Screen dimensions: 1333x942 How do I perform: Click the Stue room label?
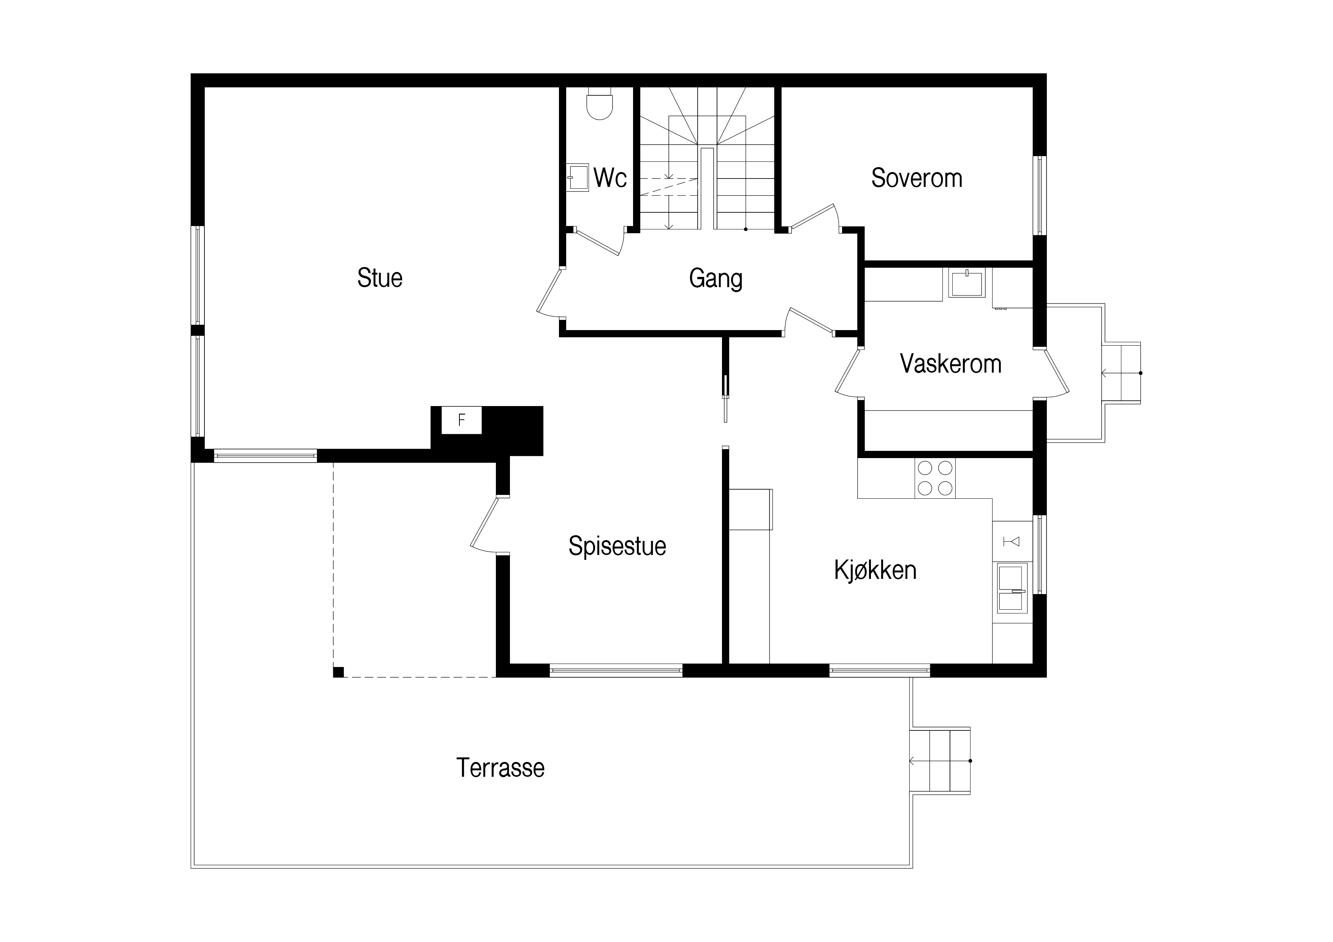pos(380,278)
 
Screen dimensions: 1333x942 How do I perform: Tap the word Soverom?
pos(917,178)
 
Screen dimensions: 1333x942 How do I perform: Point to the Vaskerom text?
pos(950,364)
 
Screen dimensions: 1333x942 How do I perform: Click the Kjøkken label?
pos(875,571)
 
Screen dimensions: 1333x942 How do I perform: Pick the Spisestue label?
pos(617,546)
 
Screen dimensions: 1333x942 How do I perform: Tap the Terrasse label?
pos(500,768)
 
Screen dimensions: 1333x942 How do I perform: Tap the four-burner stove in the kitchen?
pos(935,478)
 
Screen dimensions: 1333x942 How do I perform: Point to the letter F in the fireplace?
pos(462,420)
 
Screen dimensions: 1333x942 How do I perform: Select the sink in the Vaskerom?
pos(967,283)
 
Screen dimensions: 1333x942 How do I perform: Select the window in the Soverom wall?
pos(1040,196)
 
